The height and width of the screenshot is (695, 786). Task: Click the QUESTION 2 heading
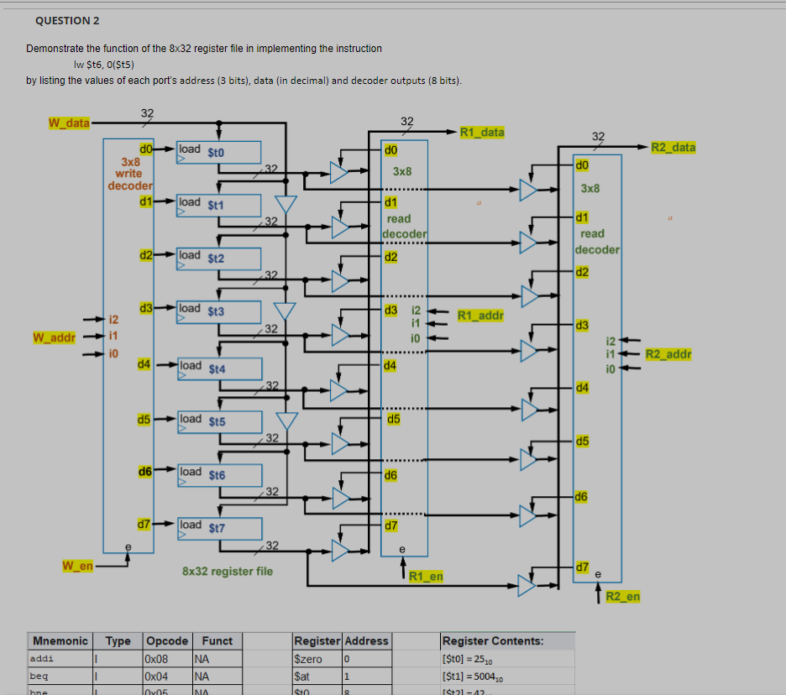[x=66, y=20]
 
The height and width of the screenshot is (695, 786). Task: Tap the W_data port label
[x=69, y=123]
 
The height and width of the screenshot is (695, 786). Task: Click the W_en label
[x=77, y=566]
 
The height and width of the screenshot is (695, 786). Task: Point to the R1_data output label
[x=482, y=132]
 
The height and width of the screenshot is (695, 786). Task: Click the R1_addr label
[x=479, y=316]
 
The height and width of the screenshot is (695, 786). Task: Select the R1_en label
[x=426, y=576]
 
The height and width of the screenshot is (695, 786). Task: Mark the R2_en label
[x=622, y=597]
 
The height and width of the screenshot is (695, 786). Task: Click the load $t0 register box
[x=218, y=153]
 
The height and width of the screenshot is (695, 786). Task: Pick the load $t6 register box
[x=218, y=474]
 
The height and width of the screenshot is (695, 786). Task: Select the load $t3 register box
[x=218, y=311]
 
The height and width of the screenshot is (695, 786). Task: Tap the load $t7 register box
[x=218, y=528]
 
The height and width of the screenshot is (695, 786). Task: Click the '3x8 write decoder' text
[x=129, y=173]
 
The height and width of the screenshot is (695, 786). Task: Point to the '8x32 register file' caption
[x=227, y=572]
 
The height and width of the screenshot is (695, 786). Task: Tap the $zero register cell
[x=307, y=659]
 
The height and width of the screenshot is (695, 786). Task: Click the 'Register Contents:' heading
[x=493, y=640]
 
